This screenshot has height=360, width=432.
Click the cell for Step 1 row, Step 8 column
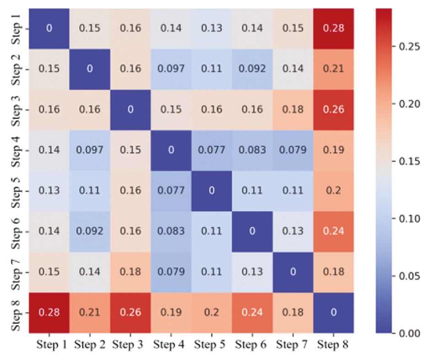coord(332,28)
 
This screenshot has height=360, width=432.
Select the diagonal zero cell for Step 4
coord(171,150)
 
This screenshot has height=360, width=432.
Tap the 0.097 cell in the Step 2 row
coord(171,69)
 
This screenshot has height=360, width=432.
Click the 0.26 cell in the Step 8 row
coord(130,312)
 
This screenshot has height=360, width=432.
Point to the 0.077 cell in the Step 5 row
coord(171,190)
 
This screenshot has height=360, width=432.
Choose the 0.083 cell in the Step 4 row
coord(251,150)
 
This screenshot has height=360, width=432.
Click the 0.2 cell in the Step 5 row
coord(332,190)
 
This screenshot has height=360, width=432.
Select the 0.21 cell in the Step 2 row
coord(332,69)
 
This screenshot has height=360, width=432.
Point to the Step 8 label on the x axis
coord(332,344)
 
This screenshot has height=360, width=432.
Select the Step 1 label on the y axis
coord(16,28)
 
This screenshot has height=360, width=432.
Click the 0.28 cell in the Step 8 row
coord(49,312)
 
